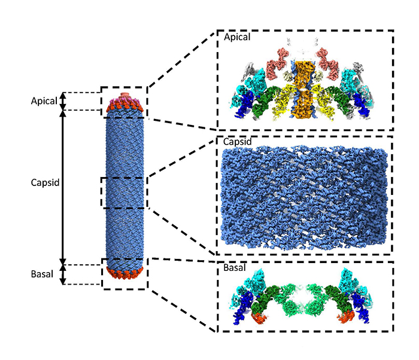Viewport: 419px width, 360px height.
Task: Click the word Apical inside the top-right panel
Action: (x=237, y=37)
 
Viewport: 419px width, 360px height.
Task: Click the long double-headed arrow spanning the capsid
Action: (x=64, y=185)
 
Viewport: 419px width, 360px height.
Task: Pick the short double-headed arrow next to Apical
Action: (x=64, y=101)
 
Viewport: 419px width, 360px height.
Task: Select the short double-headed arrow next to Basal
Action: (x=64, y=274)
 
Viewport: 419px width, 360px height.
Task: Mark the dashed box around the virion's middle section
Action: (x=125, y=193)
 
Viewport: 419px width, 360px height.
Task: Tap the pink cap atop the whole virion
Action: (x=124, y=96)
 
